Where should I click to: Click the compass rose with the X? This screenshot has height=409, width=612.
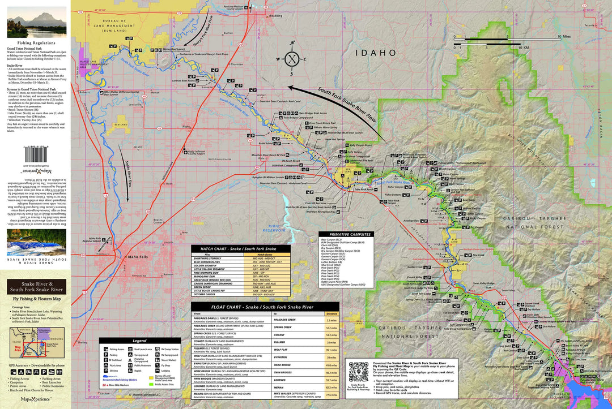click(292, 59)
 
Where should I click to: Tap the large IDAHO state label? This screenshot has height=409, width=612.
click(375, 53)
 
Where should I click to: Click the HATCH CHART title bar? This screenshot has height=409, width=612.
click(241, 248)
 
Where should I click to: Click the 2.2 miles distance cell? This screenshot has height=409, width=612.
click(331, 320)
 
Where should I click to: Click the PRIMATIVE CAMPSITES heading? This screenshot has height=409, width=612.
click(346, 234)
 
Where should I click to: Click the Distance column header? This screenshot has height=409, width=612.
click(331, 313)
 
